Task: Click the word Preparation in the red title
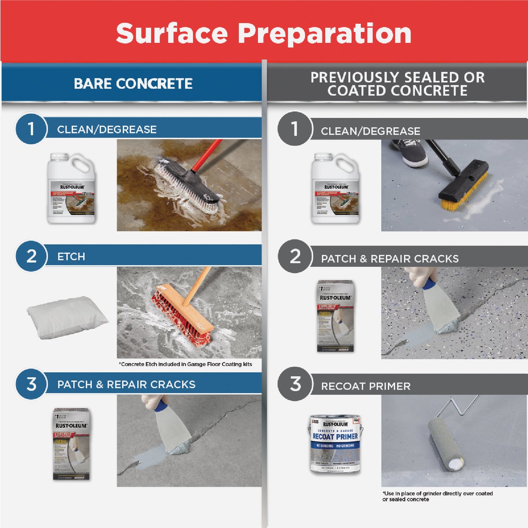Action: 325,33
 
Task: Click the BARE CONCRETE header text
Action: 133,84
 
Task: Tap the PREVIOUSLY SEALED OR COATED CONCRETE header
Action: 397,84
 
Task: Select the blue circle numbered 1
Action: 31,129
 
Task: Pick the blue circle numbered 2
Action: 31,256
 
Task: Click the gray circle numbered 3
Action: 295,384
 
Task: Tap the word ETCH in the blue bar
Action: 71,257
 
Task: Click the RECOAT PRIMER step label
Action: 366,386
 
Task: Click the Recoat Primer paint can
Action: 335,444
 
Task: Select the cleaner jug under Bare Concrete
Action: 71,188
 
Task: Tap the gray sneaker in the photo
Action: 409,152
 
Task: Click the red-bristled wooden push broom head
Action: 181,314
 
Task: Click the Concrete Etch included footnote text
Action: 185,364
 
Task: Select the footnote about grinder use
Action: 437,496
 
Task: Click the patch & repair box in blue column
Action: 71,444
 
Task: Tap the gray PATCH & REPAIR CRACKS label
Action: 389,259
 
